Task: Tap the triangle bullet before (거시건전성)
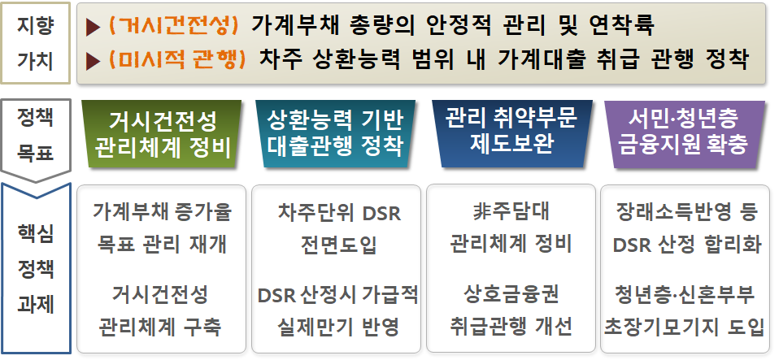click(x=93, y=28)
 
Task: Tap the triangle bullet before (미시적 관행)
click(x=93, y=62)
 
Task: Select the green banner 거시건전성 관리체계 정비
click(x=161, y=134)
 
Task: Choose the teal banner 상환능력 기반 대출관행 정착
click(x=335, y=134)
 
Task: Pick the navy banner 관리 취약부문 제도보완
click(x=511, y=134)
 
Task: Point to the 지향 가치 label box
click(x=35, y=43)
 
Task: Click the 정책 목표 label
click(x=35, y=135)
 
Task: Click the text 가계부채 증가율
click(x=162, y=211)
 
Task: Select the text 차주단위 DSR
click(x=339, y=213)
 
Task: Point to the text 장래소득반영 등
click(x=686, y=212)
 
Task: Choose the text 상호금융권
click(x=511, y=294)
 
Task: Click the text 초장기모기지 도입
click(x=684, y=327)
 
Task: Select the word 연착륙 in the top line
click(x=621, y=25)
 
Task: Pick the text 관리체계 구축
click(x=160, y=327)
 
